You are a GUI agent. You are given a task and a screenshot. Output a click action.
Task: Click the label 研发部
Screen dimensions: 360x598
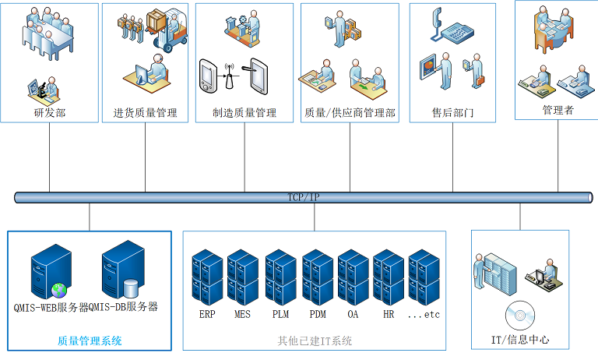pos(50,113)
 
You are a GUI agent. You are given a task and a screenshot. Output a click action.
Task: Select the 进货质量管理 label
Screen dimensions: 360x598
pos(146,113)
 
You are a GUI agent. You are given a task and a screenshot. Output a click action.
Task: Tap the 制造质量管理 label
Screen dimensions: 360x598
pos(244,113)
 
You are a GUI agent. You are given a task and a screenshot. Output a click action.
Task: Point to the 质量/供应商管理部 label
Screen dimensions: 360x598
pos(350,113)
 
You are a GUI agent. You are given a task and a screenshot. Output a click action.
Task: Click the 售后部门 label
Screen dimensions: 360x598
pos(452,113)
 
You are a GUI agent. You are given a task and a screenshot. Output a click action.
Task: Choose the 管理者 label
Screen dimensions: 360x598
pos(558,110)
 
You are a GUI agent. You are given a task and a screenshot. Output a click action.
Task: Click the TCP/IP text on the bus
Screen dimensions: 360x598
pos(303,197)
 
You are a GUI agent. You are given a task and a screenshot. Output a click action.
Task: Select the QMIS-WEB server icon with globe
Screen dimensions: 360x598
pos(48,272)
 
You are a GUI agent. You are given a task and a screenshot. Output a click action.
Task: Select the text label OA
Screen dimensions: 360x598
pos(353,314)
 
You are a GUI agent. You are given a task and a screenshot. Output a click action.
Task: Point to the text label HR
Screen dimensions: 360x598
pos(389,314)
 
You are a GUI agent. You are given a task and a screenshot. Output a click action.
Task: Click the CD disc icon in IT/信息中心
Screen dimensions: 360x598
pos(520,316)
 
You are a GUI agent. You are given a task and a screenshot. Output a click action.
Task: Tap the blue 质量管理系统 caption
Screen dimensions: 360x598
pos(90,341)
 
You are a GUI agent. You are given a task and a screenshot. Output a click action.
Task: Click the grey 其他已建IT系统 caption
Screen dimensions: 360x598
pos(315,341)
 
